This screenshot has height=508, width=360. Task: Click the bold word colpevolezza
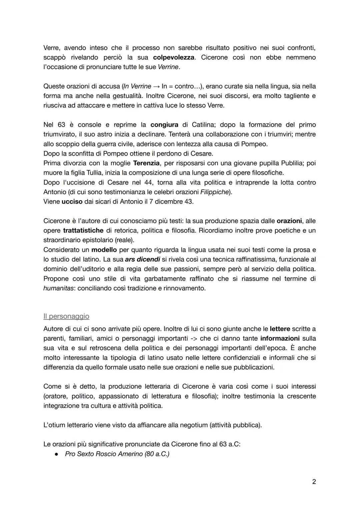174,57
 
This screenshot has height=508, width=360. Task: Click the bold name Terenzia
146,163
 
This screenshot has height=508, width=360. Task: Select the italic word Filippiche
214,192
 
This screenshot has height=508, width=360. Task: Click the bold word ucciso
72,202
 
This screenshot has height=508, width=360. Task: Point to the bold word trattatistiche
83,231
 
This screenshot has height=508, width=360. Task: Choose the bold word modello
104,250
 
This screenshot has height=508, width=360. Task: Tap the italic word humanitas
58,288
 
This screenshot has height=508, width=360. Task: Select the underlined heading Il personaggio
66,316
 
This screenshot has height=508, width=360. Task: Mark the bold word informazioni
280,338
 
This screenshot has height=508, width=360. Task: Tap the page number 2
314,482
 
